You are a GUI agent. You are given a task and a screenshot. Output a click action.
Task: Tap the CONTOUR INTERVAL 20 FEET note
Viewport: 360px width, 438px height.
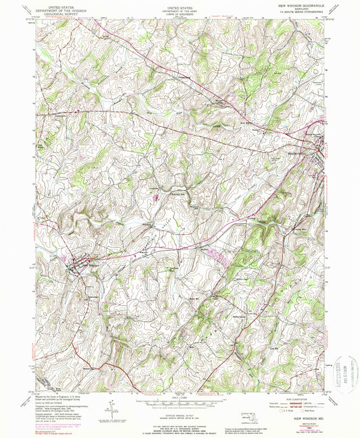click(179, 407)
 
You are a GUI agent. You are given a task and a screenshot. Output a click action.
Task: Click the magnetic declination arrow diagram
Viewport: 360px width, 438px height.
click(111, 408)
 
